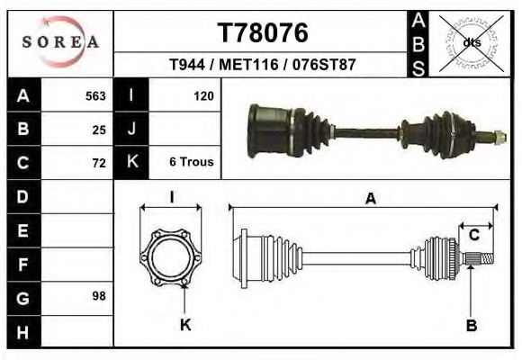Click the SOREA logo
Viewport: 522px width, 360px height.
point(60,41)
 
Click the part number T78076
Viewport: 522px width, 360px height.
point(263,32)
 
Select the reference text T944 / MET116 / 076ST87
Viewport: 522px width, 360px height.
point(263,66)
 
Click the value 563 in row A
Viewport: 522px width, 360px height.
point(95,95)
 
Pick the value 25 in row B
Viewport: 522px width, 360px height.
point(99,129)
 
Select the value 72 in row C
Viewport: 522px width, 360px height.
point(99,163)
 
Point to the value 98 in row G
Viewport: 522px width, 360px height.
point(99,295)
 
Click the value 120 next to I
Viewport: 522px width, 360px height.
point(203,95)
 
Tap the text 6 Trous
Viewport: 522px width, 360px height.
point(191,162)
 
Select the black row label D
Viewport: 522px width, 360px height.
point(22,196)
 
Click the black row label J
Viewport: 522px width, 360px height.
point(131,129)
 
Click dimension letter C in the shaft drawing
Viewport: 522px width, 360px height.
point(473,236)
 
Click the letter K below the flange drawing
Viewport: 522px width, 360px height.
point(185,325)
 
